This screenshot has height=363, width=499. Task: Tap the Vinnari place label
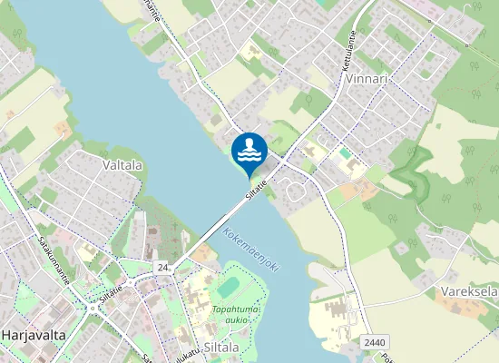(x=367, y=79)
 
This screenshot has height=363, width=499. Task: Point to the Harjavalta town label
(x=34, y=335)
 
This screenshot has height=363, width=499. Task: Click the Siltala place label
(x=220, y=347)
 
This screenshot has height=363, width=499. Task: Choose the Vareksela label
(x=468, y=292)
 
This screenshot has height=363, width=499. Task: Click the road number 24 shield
(x=163, y=268)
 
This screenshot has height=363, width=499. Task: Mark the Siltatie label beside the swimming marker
(x=258, y=189)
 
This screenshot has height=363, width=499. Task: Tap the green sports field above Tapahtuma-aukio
(x=229, y=286)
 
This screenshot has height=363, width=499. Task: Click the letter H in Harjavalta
(x=6, y=335)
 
